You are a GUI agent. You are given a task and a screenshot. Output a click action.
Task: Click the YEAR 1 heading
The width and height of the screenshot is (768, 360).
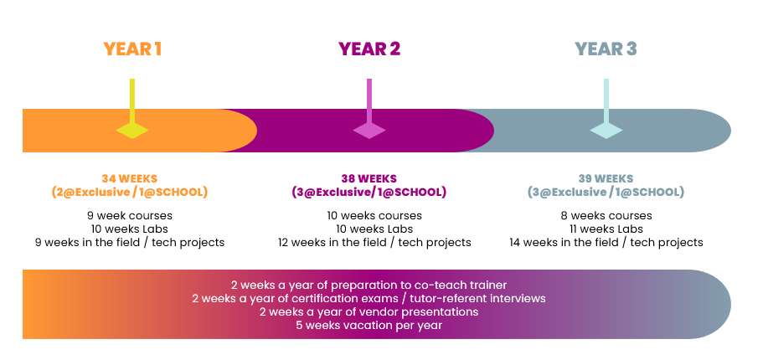(132, 49)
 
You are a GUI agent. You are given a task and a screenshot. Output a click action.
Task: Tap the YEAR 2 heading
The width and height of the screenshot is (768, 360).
(369, 49)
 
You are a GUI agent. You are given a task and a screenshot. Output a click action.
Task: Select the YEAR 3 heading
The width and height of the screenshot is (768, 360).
(606, 49)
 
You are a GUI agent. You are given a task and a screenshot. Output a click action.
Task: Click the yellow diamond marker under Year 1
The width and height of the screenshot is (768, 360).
(132, 131)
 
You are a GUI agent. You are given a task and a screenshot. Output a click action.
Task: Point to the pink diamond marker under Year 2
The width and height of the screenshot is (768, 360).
(369, 131)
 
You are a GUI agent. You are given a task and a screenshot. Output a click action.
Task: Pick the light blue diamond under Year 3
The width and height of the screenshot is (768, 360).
(606, 131)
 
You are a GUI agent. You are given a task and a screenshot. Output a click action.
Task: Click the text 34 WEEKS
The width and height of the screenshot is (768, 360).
(130, 179)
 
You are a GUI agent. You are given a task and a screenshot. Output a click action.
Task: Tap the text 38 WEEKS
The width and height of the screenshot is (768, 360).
(369, 179)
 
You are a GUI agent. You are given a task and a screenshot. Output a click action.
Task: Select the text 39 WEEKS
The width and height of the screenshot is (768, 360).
(606, 179)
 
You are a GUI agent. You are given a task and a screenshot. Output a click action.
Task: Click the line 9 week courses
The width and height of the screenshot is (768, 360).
(130, 215)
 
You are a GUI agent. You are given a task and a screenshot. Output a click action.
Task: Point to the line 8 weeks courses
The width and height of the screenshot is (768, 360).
(606, 215)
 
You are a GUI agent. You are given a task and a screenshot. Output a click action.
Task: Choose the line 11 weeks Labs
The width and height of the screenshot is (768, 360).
(606, 229)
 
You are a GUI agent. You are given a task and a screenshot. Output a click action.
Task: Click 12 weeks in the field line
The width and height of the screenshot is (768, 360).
(374, 243)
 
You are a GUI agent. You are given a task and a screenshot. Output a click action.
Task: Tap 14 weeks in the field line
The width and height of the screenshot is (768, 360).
(606, 243)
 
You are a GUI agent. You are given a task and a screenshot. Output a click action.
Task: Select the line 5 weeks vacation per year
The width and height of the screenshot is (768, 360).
(369, 325)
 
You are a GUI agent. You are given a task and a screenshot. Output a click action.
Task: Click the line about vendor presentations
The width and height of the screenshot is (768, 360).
(369, 311)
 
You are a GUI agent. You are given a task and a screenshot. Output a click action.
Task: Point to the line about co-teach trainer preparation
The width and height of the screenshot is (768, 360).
(369, 285)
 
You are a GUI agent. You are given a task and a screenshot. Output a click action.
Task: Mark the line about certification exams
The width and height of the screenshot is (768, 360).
(369, 298)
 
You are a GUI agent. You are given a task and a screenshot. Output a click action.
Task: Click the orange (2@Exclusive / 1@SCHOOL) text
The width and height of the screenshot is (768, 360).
(130, 192)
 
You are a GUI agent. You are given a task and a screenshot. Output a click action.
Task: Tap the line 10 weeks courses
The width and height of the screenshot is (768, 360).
(374, 215)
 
